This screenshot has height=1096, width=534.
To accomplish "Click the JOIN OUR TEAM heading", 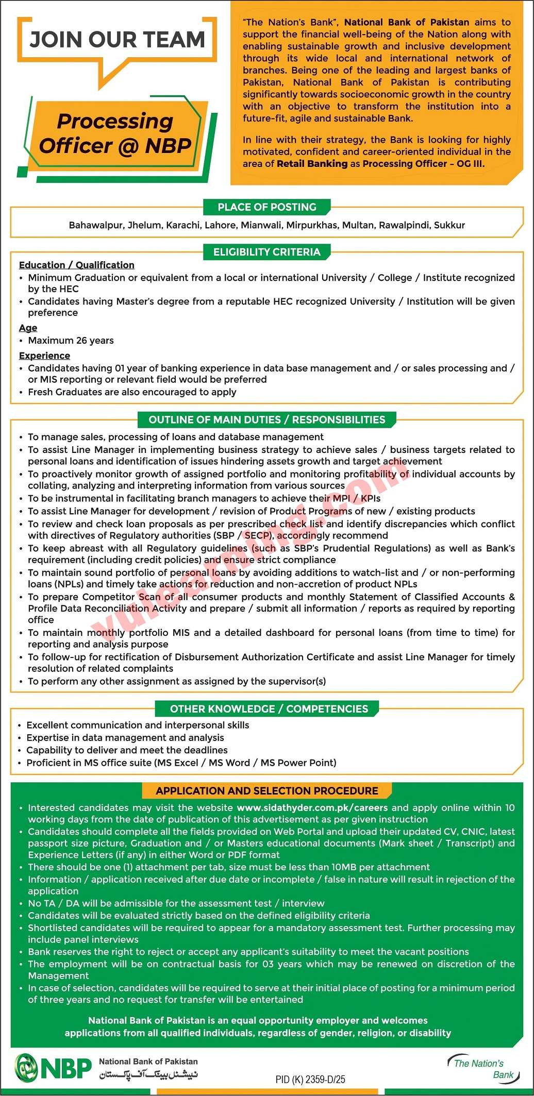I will tap(117, 40).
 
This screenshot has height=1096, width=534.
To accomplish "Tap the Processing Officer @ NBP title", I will tap(115, 133).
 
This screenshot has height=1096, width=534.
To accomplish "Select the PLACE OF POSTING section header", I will tap(266, 207).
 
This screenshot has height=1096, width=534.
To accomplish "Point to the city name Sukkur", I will tap(449, 225).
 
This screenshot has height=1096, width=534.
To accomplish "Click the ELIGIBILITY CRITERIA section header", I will tap(266, 252).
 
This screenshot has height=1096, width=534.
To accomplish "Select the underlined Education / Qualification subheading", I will tap(76, 265).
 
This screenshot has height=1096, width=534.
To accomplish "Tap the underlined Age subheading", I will tap(28, 328).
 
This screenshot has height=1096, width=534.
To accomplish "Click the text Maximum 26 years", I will tap(71, 341).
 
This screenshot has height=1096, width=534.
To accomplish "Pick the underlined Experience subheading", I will tap(44, 356).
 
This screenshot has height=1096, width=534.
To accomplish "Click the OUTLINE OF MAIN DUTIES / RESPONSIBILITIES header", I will tap(266, 419).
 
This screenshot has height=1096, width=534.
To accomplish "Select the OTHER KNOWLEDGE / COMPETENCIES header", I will tap(269, 709).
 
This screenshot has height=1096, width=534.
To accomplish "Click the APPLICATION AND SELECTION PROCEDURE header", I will tap(266, 790).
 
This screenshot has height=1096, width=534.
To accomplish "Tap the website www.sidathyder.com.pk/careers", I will tap(312, 807).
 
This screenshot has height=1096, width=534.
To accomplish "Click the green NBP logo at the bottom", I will tap(53, 1067).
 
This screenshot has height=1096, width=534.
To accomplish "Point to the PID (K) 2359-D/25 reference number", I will tap(310, 1079).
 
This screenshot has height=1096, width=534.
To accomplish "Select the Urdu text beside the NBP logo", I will tap(148, 1074).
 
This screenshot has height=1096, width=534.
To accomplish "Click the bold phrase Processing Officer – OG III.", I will tap(423, 164).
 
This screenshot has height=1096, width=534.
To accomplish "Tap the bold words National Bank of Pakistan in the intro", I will tap(406, 22).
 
